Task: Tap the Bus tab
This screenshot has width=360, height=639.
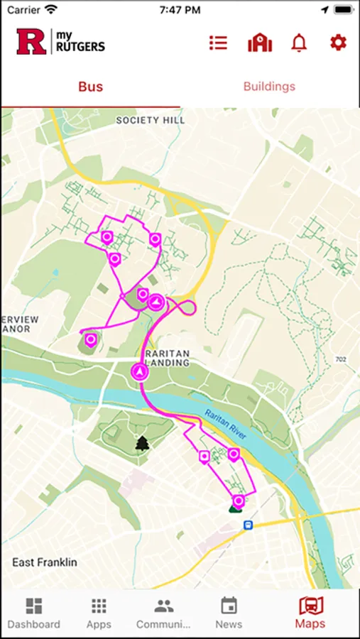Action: [90, 87]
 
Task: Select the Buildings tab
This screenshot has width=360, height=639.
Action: [269, 87]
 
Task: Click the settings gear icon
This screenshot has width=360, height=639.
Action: [338, 43]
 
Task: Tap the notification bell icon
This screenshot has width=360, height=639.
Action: [299, 43]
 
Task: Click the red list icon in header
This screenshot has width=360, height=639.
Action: [218, 43]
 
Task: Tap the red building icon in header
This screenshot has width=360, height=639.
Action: [260, 43]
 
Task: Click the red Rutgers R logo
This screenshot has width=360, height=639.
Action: [31, 42]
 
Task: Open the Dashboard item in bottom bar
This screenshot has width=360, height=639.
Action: [34, 613]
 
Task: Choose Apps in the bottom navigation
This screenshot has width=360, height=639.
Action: [99, 613]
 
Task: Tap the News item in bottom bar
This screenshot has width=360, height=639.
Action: [229, 613]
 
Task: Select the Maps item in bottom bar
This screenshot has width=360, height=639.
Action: [310, 613]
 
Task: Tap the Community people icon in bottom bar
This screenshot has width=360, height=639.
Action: [164, 606]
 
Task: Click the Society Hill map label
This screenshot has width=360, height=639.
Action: [151, 121]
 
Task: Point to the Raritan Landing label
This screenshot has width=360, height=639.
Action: [167, 358]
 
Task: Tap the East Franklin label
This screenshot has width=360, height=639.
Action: [44, 562]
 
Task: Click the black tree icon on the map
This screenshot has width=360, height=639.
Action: [143, 444]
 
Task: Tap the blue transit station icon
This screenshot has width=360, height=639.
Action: [248, 525]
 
